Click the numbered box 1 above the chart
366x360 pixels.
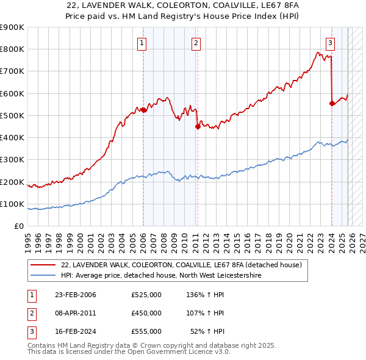tap(142, 43)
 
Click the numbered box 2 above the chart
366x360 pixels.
tap(196, 43)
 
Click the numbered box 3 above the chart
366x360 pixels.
tap(330, 43)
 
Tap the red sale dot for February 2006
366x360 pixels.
tap(143, 110)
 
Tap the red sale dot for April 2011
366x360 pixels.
tap(198, 127)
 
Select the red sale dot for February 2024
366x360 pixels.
tap(332, 104)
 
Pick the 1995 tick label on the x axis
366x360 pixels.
tap(28, 238)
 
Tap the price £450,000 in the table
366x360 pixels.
tap(146, 313)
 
